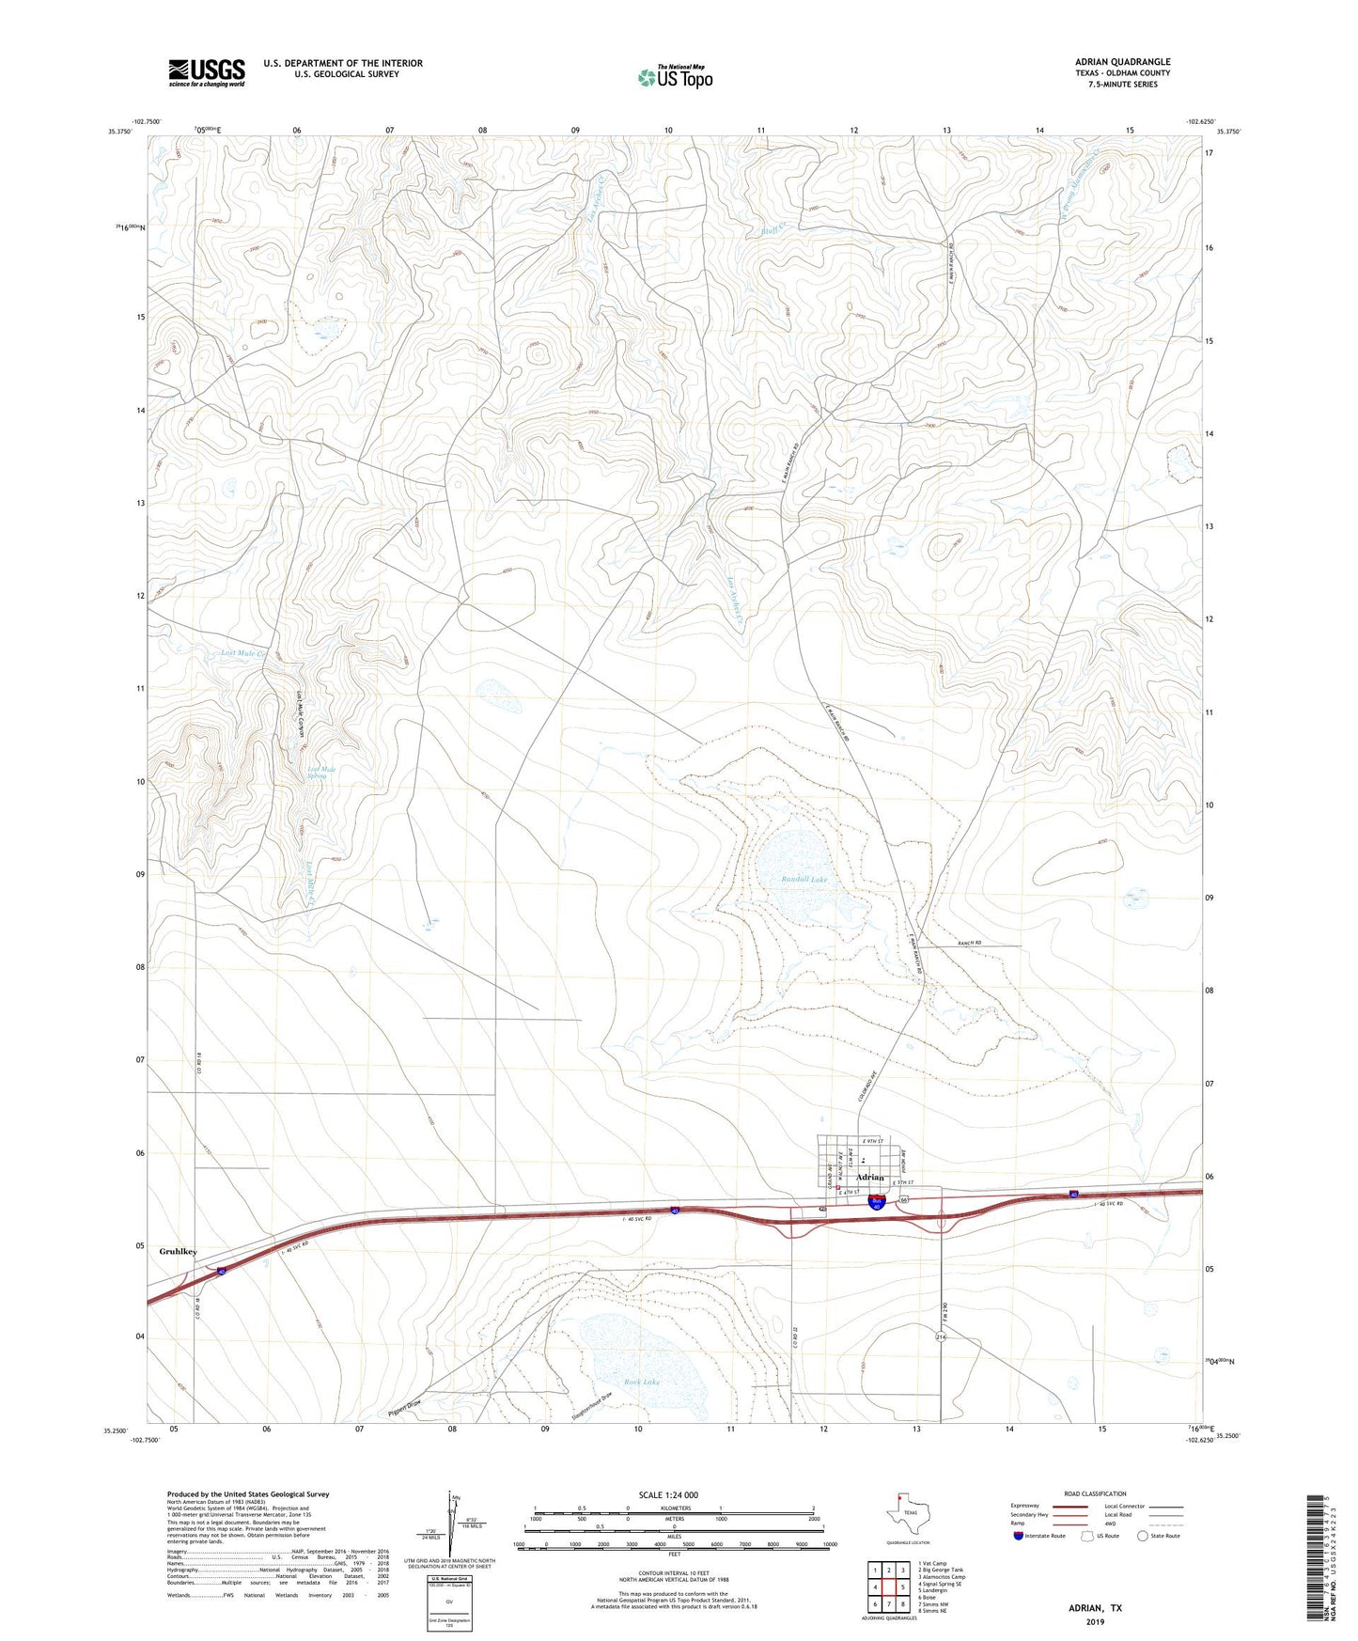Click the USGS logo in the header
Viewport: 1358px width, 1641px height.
[x=207, y=72]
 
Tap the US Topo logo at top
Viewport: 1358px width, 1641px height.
[x=675, y=78]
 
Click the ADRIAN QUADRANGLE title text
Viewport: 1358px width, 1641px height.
[x=1122, y=62]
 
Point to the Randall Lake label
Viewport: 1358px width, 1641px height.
[x=804, y=880]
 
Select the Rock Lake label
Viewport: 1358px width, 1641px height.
[x=642, y=1383]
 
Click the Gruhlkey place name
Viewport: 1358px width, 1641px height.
[x=178, y=1252]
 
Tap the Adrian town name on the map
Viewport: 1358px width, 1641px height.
[x=870, y=1178]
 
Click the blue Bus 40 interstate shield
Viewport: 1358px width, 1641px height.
[x=876, y=1202]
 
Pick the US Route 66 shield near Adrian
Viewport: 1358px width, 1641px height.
[x=903, y=1200]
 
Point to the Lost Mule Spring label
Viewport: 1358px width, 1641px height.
[x=321, y=773]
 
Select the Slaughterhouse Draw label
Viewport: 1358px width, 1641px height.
[x=592, y=1405]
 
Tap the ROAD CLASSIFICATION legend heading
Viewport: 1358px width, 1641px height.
[x=1095, y=1493]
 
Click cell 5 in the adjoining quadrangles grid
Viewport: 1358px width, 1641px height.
[x=902, y=1588]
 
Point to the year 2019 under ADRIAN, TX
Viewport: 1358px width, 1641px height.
[x=1095, y=1622]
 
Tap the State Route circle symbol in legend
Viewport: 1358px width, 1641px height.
[x=1143, y=1536]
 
